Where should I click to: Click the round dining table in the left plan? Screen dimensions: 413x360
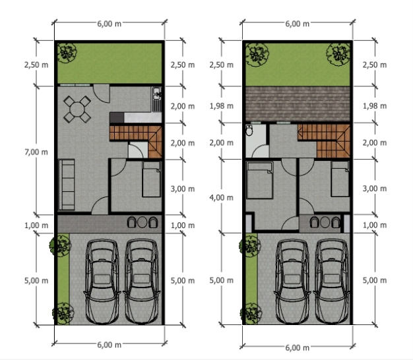(77, 109)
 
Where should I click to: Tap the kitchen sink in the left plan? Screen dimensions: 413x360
(157, 93)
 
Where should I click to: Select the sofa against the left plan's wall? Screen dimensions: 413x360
(67, 185)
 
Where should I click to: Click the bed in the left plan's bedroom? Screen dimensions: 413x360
(152, 179)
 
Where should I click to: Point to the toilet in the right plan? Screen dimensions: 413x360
(249, 130)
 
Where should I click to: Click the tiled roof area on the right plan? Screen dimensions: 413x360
(298, 104)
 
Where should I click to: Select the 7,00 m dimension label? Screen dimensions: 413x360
(36, 152)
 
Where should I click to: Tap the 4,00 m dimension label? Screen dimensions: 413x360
(221, 197)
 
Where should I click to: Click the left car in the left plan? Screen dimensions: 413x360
(102, 281)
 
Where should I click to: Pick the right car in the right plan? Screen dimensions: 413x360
(332, 281)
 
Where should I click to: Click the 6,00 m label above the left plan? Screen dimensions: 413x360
(110, 24)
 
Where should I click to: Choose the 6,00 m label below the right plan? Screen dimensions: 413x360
(297, 347)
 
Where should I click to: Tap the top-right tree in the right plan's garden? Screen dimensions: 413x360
(338, 54)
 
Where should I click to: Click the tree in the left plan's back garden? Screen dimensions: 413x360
(67, 53)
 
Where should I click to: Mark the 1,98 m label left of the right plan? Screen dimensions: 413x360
(221, 106)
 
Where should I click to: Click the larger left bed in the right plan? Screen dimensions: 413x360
(260, 180)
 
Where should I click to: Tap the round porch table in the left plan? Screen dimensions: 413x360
(143, 222)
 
